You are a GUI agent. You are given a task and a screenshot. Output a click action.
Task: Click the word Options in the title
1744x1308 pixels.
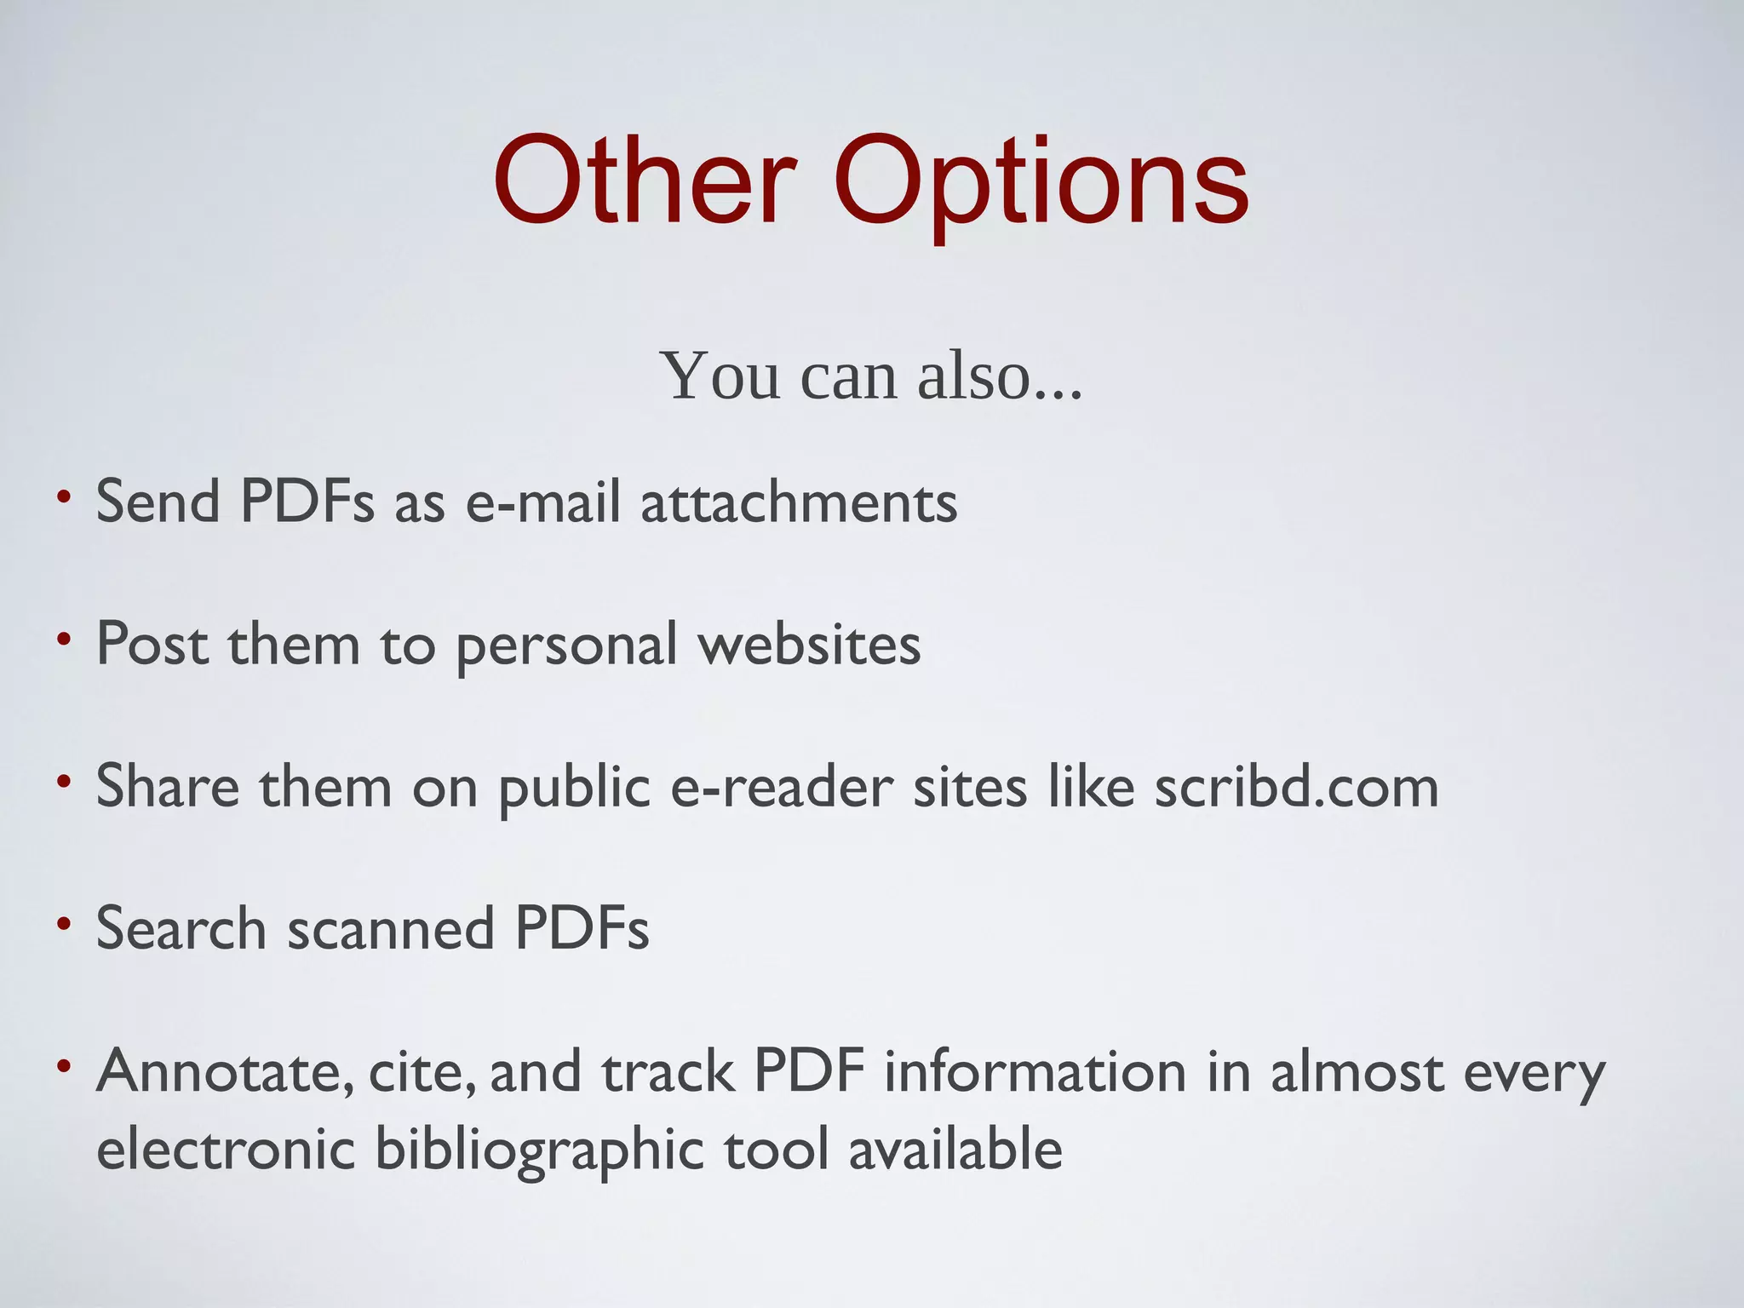(x=1041, y=184)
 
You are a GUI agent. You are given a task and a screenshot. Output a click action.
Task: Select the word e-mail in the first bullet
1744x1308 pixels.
(x=542, y=502)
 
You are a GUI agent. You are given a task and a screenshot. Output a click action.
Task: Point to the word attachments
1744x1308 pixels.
(x=799, y=502)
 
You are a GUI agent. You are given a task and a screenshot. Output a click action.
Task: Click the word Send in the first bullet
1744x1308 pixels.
(x=158, y=502)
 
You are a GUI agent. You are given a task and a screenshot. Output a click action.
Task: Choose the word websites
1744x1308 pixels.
(x=809, y=644)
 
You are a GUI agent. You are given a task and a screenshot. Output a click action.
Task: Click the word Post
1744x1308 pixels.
(x=152, y=644)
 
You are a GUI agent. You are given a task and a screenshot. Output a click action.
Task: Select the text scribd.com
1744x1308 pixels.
(x=1296, y=786)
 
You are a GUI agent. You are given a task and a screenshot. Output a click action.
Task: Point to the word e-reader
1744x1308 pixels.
(x=782, y=786)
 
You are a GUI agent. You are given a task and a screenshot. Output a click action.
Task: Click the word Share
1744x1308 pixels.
(x=168, y=786)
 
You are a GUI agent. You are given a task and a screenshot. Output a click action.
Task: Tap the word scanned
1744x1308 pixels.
(x=391, y=928)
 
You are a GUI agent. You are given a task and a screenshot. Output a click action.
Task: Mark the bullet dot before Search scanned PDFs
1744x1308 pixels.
(x=63, y=923)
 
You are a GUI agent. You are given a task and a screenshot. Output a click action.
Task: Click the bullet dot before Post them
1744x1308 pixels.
(x=63, y=639)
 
